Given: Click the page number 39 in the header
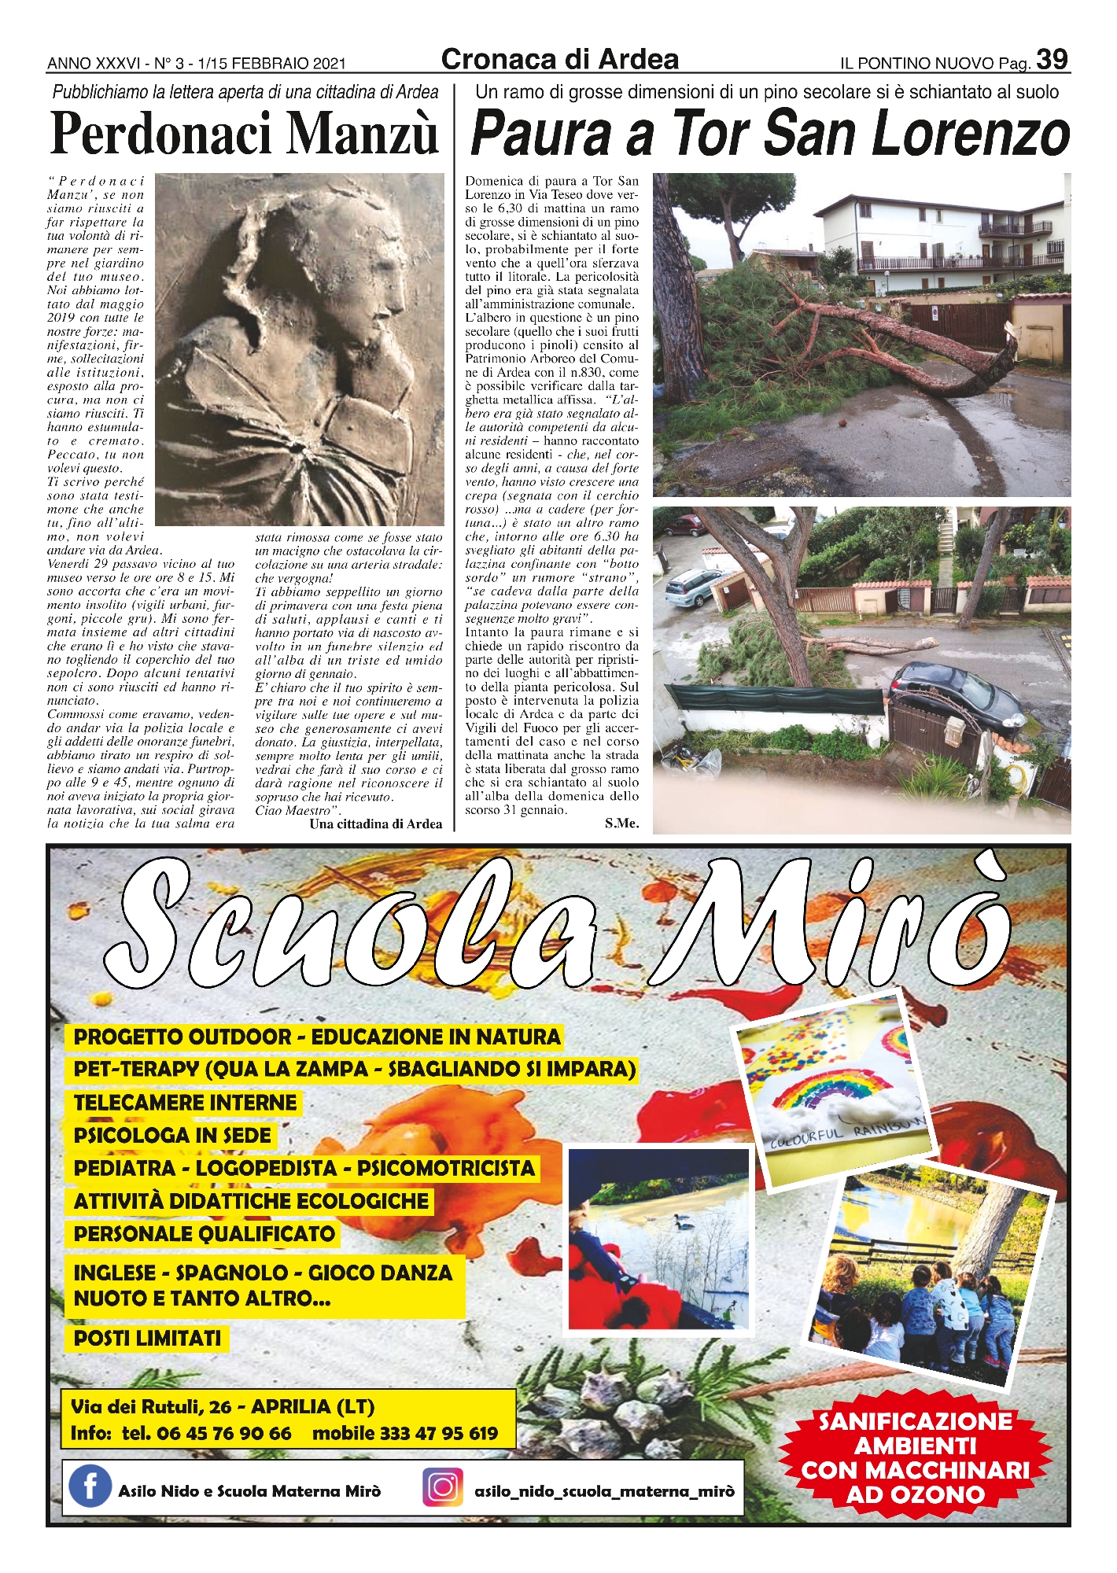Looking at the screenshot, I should click(1052, 60).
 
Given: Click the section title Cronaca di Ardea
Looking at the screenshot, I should click(559, 60).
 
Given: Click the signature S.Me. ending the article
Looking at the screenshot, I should click(621, 823).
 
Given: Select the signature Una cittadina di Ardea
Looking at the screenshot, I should click(376, 824).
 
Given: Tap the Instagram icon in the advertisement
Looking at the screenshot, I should click(443, 1487).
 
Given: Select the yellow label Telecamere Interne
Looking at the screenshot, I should click(186, 1103).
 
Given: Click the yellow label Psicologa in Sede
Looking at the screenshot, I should click(172, 1136).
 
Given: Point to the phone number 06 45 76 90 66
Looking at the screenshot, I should click(223, 1433).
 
